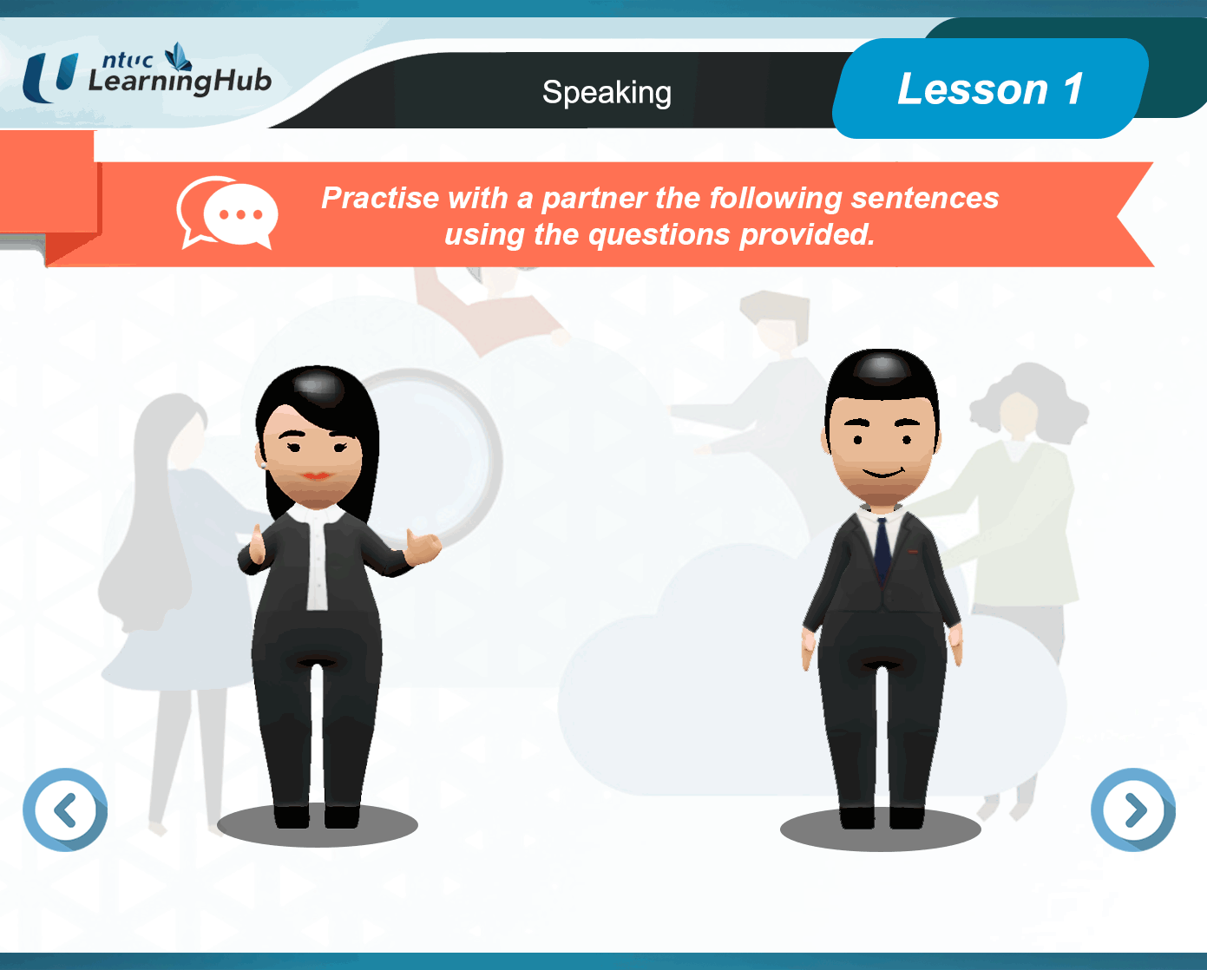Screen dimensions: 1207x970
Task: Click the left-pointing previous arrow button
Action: pos(65,809)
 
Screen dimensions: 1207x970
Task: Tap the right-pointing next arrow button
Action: pos(1133,809)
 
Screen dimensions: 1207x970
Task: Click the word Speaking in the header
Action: pos(607,93)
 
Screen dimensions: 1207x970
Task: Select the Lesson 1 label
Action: pos(990,88)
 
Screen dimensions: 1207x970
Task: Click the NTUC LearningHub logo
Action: pos(147,73)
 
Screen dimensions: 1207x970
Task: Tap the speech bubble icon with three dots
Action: pos(227,213)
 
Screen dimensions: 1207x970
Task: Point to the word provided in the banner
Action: pos(807,234)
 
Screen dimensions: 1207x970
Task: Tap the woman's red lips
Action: pos(317,475)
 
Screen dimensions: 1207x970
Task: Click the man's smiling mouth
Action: pos(883,472)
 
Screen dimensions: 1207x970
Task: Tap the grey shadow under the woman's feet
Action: pos(318,825)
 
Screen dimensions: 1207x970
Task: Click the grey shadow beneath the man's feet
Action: pos(881,829)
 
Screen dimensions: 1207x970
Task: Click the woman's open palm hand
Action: pos(423,547)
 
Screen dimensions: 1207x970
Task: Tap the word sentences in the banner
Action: pos(925,198)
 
